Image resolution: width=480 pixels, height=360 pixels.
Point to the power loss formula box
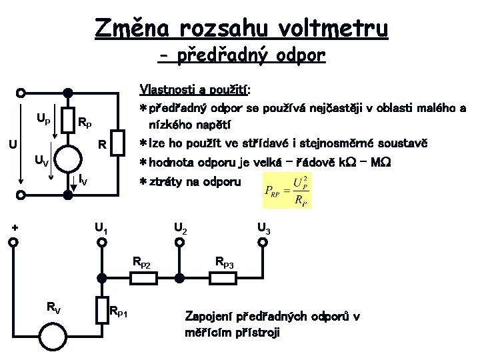pos(287,189)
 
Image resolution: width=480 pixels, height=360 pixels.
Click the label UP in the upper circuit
pos(43,120)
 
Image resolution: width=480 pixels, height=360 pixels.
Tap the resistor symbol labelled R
pos(118,144)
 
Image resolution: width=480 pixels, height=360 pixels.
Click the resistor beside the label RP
pos(67,121)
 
